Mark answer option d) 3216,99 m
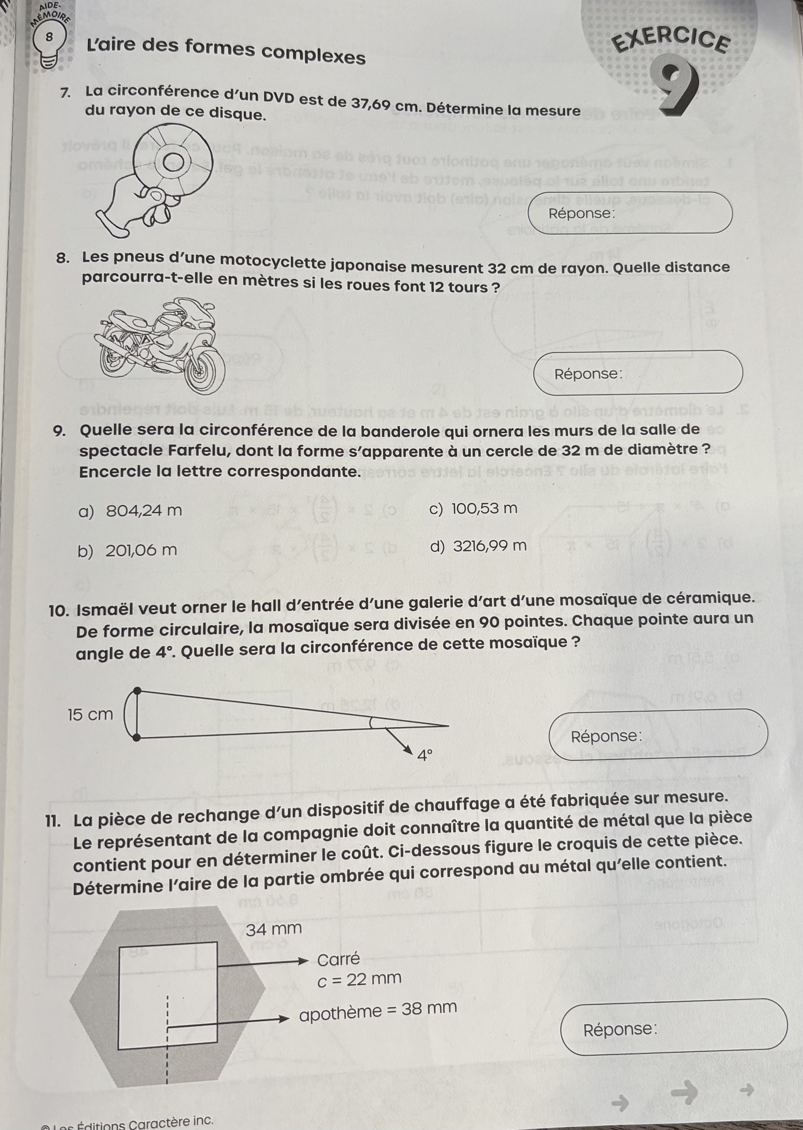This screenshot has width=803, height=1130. point(478,546)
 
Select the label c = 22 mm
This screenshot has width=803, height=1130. point(359,978)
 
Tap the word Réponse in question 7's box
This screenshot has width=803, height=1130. point(581,214)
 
